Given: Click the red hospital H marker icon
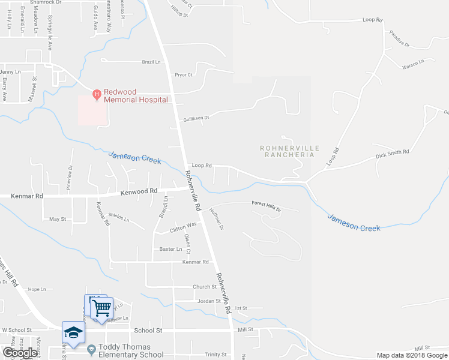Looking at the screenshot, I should pos(96,94).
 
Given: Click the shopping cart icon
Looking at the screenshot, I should pos(103,308).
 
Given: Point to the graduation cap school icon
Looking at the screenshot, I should pos(73,332).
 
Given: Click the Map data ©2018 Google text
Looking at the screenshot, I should pos(412,355).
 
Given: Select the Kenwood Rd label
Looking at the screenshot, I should pos(139,191).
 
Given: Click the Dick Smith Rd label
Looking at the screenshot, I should pos(392,154).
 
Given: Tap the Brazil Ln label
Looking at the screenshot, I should pos(151,62).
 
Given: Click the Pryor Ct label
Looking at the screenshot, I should pos(183,75).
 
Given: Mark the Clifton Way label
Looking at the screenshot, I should pos(183,226).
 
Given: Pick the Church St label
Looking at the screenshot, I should pos(204,287).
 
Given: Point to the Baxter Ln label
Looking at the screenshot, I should pos(170,248).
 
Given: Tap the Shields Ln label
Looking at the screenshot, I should pos(118,218).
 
